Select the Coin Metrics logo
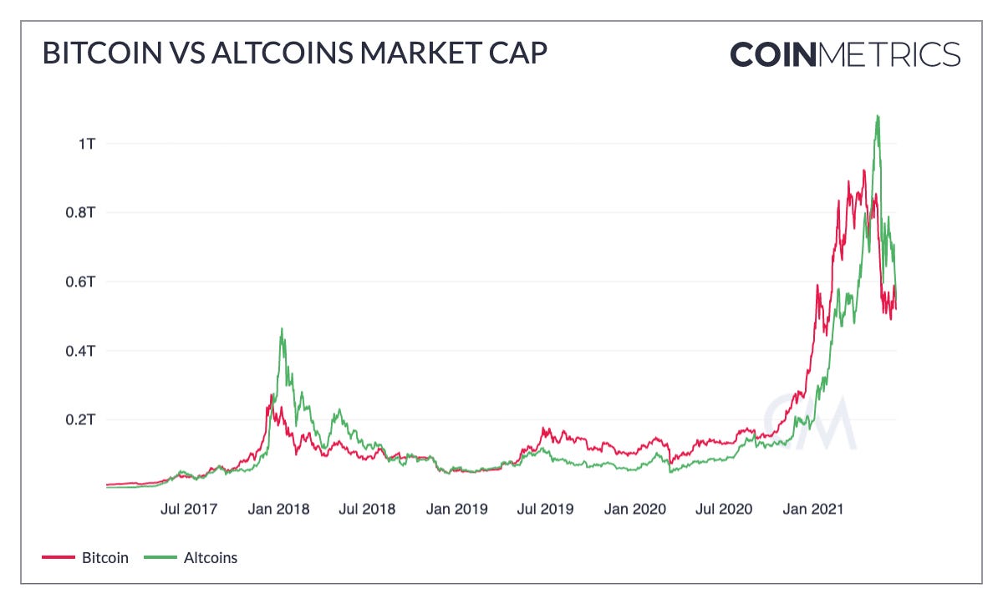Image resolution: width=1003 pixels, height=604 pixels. point(845,54)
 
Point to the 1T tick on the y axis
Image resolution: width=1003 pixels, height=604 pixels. point(86,144)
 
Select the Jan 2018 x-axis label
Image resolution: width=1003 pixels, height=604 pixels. point(279,508)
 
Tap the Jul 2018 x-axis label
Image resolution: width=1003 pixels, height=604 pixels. point(368,508)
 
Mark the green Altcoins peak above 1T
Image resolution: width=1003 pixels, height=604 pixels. point(878,116)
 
